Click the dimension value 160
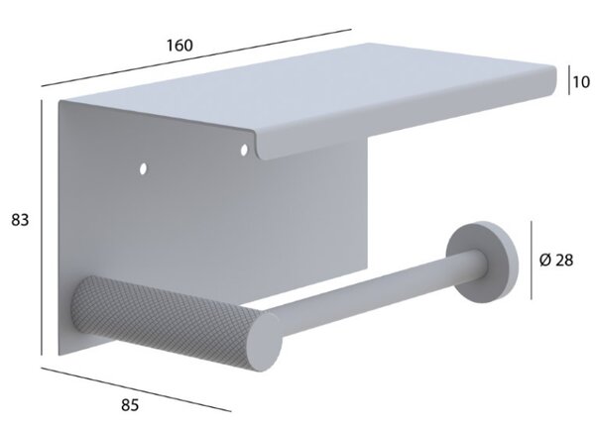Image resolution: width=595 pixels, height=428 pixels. coord(179,46)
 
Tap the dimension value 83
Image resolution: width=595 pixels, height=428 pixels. coord(20,220)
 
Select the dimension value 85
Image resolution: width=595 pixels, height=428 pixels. coord(130,405)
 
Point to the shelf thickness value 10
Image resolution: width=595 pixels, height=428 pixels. coord(581,82)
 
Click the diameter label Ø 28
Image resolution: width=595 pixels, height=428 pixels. coord(556,260)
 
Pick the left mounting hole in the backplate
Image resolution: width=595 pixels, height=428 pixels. coord(143,168)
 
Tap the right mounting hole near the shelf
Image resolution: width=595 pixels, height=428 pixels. coord(244,150)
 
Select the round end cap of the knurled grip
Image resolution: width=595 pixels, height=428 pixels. coord(264,341)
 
